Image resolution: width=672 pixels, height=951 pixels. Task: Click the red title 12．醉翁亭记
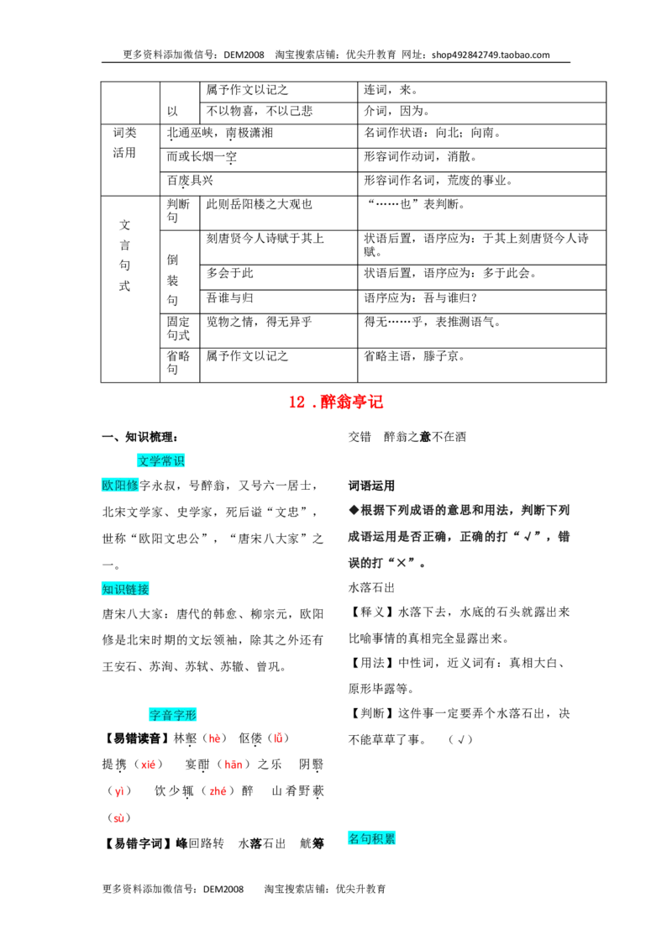335,402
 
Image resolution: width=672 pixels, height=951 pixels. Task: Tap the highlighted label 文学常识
160,461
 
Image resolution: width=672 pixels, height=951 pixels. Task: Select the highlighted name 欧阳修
120,486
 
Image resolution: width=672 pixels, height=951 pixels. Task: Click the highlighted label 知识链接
125,589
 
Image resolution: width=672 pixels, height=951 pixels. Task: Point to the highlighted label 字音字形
173,714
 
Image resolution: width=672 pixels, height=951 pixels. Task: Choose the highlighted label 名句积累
372,838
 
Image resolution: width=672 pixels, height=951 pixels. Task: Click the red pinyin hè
215,738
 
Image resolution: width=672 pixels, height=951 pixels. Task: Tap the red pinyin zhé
218,791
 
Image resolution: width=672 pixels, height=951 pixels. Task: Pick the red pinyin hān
234,764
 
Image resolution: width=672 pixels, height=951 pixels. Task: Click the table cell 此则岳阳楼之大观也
259,204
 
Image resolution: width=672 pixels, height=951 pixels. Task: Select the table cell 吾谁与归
230,297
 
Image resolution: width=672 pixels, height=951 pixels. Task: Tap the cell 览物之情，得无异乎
259,322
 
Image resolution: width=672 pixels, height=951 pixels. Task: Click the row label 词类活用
124,143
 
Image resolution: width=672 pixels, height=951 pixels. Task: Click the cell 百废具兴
190,180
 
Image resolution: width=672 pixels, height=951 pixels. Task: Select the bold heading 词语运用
371,486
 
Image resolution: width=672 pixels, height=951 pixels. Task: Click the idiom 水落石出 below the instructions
371,587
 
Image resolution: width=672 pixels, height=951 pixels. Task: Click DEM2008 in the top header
244,55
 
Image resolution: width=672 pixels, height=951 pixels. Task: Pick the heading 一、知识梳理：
139,437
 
